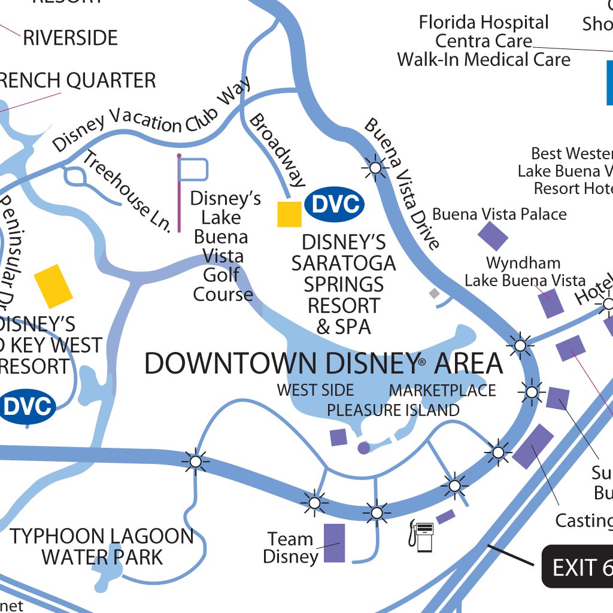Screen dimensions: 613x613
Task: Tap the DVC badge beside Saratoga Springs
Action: [334, 204]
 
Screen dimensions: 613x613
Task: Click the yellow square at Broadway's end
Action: [289, 214]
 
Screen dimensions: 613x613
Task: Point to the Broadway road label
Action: [277, 150]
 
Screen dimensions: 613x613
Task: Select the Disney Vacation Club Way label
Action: [151, 116]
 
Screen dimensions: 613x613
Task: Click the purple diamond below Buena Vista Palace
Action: [493, 236]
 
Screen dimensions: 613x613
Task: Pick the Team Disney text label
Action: [290, 548]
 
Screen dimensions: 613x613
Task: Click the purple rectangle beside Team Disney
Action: [334, 543]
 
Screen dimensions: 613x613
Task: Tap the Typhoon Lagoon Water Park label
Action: [102, 547]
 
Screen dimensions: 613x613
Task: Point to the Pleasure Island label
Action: [393, 410]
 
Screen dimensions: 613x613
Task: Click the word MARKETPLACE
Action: [442, 390]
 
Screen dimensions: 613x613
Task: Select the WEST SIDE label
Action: [315, 390]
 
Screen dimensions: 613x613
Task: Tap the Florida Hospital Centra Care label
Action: [484, 41]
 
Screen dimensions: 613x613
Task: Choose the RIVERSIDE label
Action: [70, 38]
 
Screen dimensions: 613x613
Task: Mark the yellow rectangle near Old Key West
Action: [53, 286]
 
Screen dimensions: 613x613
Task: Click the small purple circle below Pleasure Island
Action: [363, 447]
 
